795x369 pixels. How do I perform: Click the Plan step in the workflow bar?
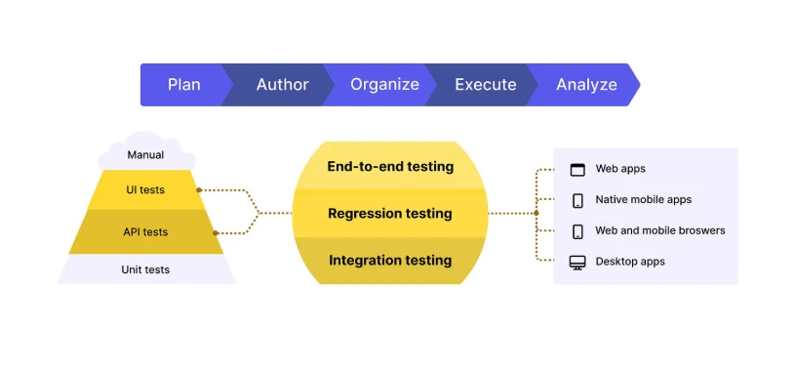[x=183, y=85]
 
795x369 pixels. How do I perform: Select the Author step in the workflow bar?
[x=282, y=85]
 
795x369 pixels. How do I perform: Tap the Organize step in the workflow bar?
[x=384, y=85]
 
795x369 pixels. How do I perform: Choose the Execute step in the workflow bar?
[x=485, y=85]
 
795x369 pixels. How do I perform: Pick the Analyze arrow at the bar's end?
[x=586, y=85]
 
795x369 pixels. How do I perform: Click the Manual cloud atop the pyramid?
[x=145, y=154]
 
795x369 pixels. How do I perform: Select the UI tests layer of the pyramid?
[x=145, y=189]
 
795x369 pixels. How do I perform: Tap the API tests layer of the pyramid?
[x=145, y=232]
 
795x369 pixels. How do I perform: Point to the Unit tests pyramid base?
[x=145, y=269]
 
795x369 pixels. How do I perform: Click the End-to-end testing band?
[x=390, y=166]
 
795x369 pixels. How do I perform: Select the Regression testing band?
[x=390, y=213]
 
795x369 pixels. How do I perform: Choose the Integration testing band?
[x=390, y=260]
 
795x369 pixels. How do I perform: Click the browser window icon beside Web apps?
[x=577, y=169]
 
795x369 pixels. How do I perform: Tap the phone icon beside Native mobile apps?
[x=577, y=200]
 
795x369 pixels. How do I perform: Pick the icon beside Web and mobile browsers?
[x=577, y=231]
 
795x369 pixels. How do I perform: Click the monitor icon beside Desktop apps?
[x=577, y=262]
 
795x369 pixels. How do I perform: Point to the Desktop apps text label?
[x=630, y=262]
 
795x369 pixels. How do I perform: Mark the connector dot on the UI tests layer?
[x=199, y=190]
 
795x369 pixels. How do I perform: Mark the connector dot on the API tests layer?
[x=215, y=232]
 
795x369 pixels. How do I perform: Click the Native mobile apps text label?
[x=643, y=199]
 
